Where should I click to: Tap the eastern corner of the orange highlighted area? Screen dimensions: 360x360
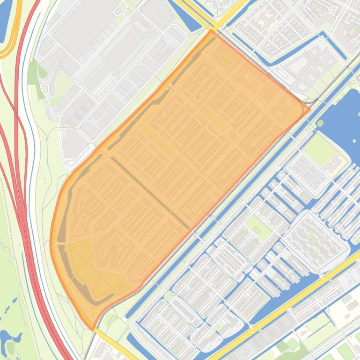(309, 110)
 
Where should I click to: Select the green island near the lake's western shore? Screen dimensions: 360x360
(320, 123)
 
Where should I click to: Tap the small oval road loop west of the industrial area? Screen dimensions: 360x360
(45, 87)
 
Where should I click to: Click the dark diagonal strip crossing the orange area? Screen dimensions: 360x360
(150, 192)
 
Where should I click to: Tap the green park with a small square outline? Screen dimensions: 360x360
(256, 229)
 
